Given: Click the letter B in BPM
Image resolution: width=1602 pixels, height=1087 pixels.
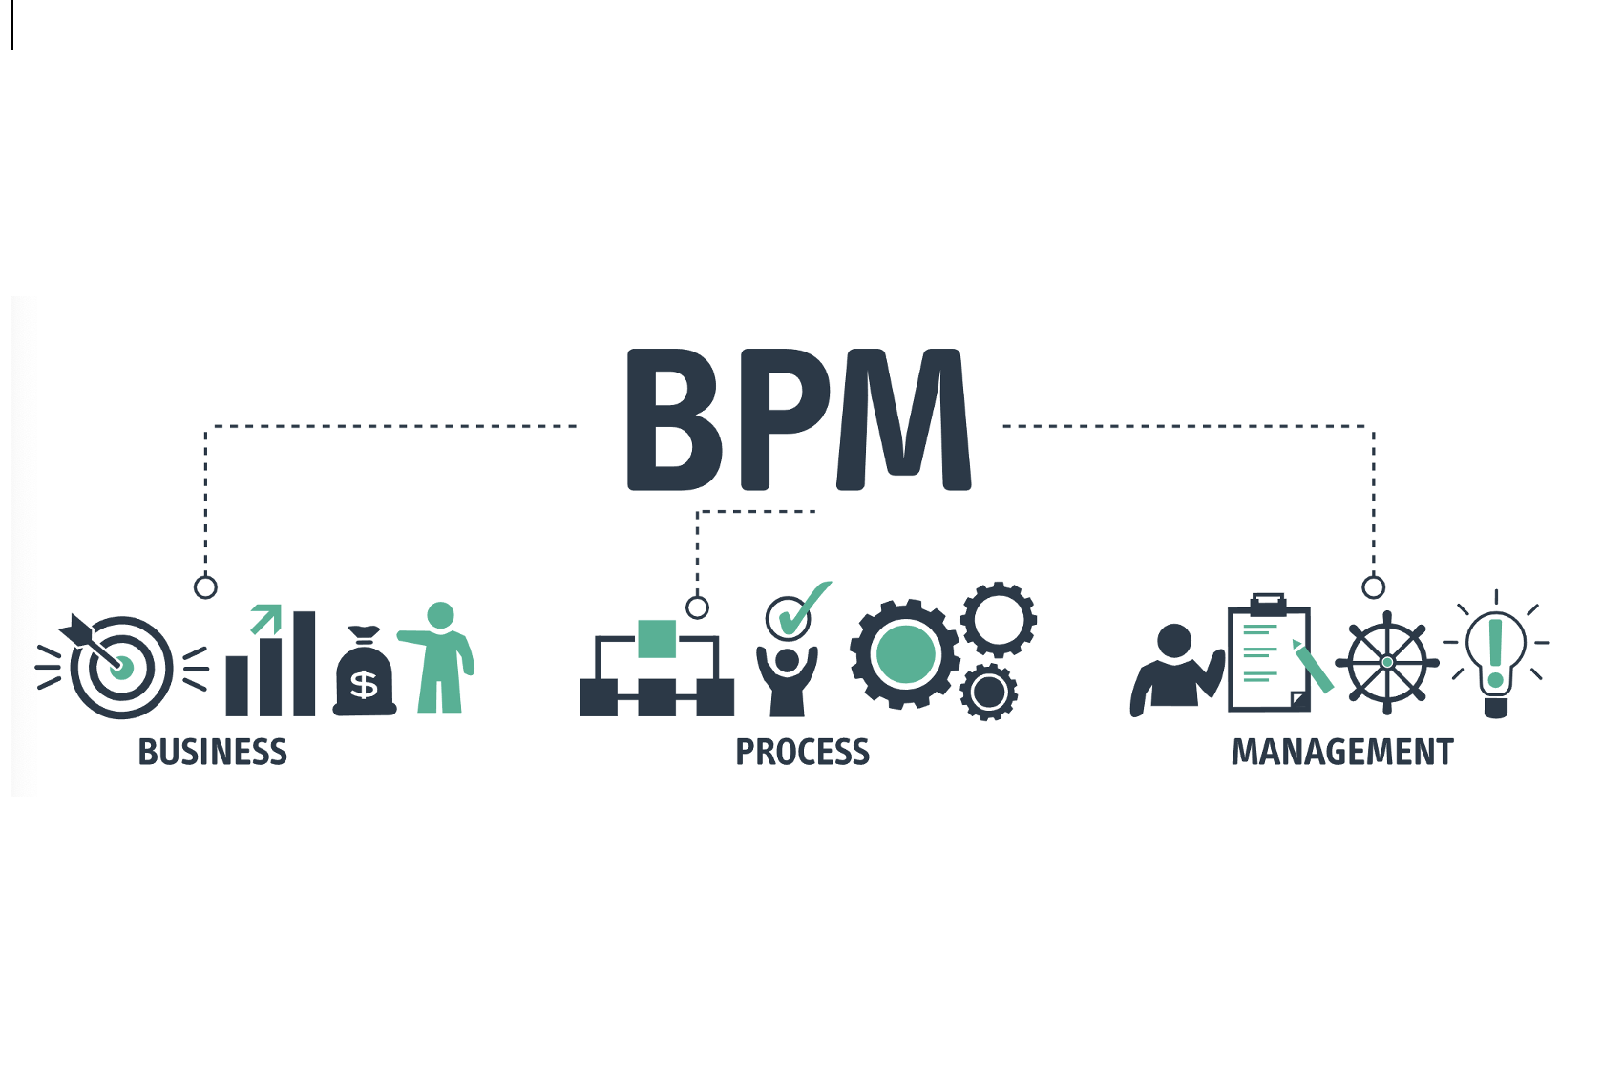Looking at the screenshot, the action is coord(673,420).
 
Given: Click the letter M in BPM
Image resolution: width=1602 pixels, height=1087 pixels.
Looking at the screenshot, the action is coord(903,420).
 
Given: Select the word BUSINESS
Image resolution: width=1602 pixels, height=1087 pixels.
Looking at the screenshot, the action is coord(213,753).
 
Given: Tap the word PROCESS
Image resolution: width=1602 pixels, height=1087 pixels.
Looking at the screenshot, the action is coord(802,753).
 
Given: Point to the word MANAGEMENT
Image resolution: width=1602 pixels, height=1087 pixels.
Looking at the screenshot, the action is coord(1341,753).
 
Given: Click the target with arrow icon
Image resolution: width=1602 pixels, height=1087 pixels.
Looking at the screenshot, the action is coord(120,666).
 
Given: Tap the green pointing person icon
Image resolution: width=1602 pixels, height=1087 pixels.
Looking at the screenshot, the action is coord(441,659).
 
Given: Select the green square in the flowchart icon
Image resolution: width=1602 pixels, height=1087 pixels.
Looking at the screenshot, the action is coord(657,639).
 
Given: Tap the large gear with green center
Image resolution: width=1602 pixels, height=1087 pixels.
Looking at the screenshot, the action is coord(905,654).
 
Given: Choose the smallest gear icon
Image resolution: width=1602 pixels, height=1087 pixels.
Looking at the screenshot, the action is coord(989,693).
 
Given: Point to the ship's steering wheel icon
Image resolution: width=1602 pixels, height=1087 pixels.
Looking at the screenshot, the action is coord(1387,662).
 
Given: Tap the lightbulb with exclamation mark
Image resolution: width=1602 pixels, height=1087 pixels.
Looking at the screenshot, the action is coord(1496,654).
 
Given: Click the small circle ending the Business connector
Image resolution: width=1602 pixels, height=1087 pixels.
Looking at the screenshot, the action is coord(205,586).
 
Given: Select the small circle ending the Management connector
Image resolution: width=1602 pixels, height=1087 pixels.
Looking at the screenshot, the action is coord(1374,586).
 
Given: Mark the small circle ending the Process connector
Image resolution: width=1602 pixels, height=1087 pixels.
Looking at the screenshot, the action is coord(698,607).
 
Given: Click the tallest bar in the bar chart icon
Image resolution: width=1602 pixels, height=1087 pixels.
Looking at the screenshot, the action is coord(304,663).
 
